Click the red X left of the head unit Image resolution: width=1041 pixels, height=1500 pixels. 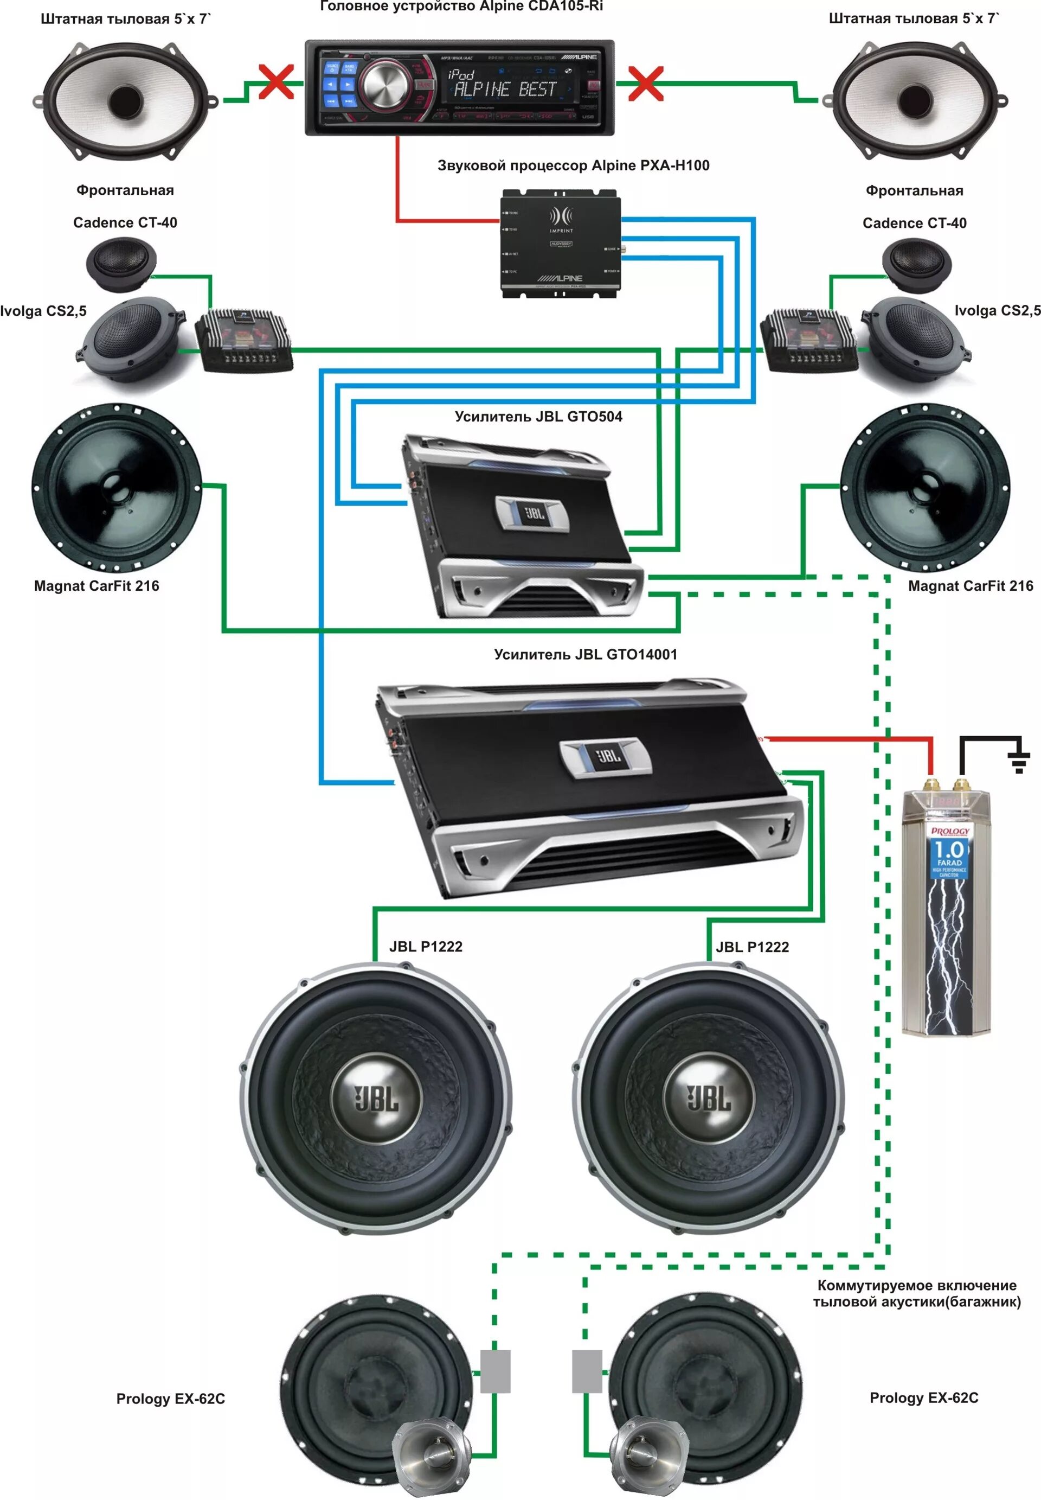point(277,82)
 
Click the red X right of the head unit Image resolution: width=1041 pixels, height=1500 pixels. point(645,83)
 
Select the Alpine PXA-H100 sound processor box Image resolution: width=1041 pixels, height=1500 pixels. point(560,244)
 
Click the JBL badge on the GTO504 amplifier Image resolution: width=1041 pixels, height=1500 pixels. point(533,512)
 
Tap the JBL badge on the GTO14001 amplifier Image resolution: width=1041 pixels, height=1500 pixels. point(607,756)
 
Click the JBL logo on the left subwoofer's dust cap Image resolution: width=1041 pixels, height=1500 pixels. point(376,1098)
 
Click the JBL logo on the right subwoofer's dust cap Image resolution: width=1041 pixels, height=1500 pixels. point(709,1098)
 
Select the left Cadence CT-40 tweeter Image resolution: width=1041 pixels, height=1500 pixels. point(121,264)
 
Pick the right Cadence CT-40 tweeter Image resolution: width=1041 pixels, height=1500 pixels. point(916,264)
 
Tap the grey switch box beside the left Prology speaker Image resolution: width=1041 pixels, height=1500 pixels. point(495,1371)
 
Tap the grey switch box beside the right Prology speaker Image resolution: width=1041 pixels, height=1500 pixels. point(587,1371)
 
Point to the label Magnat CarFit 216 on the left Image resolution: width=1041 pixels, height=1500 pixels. point(97,586)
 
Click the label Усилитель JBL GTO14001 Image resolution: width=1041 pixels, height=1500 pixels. point(585,654)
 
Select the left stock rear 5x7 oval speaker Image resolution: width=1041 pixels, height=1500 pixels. point(126,100)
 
